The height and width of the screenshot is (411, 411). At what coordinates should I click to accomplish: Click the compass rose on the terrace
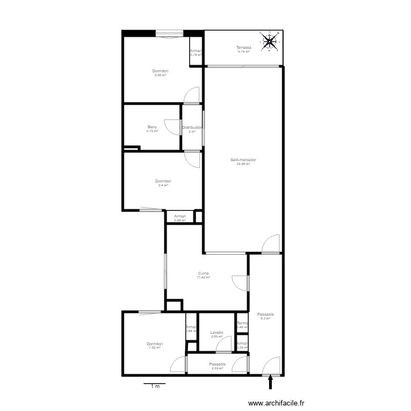(x=269, y=41)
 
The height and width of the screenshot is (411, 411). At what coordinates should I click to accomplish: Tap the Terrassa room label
(x=244, y=48)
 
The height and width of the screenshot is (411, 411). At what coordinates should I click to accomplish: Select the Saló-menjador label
(x=243, y=160)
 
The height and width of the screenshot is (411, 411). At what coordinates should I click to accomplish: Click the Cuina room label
(x=204, y=273)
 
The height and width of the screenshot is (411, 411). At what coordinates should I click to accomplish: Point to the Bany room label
(x=152, y=127)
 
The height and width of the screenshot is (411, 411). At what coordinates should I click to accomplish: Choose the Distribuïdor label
(x=192, y=128)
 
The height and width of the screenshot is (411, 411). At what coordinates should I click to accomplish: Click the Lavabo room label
(x=216, y=332)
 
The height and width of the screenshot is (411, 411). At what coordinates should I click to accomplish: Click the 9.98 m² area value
(x=161, y=75)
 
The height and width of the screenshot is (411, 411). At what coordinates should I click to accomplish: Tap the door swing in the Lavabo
(x=224, y=345)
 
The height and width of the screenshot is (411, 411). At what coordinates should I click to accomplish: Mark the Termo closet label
(x=242, y=323)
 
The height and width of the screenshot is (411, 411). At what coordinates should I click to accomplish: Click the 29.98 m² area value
(x=243, y=164)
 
